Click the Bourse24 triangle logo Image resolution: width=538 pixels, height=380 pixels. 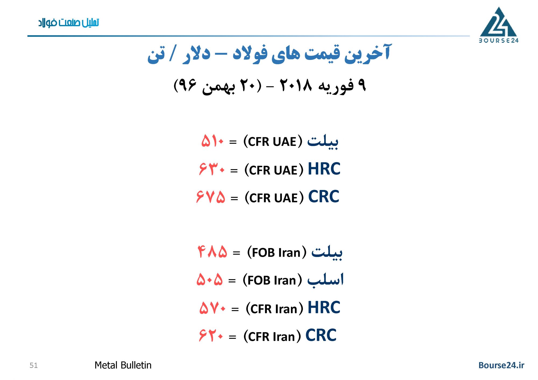click(498, 25)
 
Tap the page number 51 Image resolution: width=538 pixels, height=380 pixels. click(34, 365)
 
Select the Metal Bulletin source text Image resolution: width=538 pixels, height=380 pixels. click(123, 365)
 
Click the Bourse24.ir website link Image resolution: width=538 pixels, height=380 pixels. click(501, 365)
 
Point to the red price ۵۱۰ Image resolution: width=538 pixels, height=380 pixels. click(213, 141)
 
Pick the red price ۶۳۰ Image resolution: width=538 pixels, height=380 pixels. click(212, 169)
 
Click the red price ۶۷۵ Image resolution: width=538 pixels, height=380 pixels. click(211, 196)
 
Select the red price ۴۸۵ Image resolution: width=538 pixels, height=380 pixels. click(212, 252)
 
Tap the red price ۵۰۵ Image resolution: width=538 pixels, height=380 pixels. click(210, 279)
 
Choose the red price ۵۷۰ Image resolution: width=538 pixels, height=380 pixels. click(213, 308)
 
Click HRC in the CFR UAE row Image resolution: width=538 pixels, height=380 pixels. click(324, 169)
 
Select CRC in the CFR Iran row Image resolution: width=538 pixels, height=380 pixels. click(321, 335)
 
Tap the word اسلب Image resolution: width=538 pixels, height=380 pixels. click(325, 280)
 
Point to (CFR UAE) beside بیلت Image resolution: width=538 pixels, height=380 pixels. click(273, 142)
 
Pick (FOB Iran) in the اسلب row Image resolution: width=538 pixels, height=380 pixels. click(272, 280)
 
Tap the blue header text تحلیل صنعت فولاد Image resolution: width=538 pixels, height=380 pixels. click(69, 23)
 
